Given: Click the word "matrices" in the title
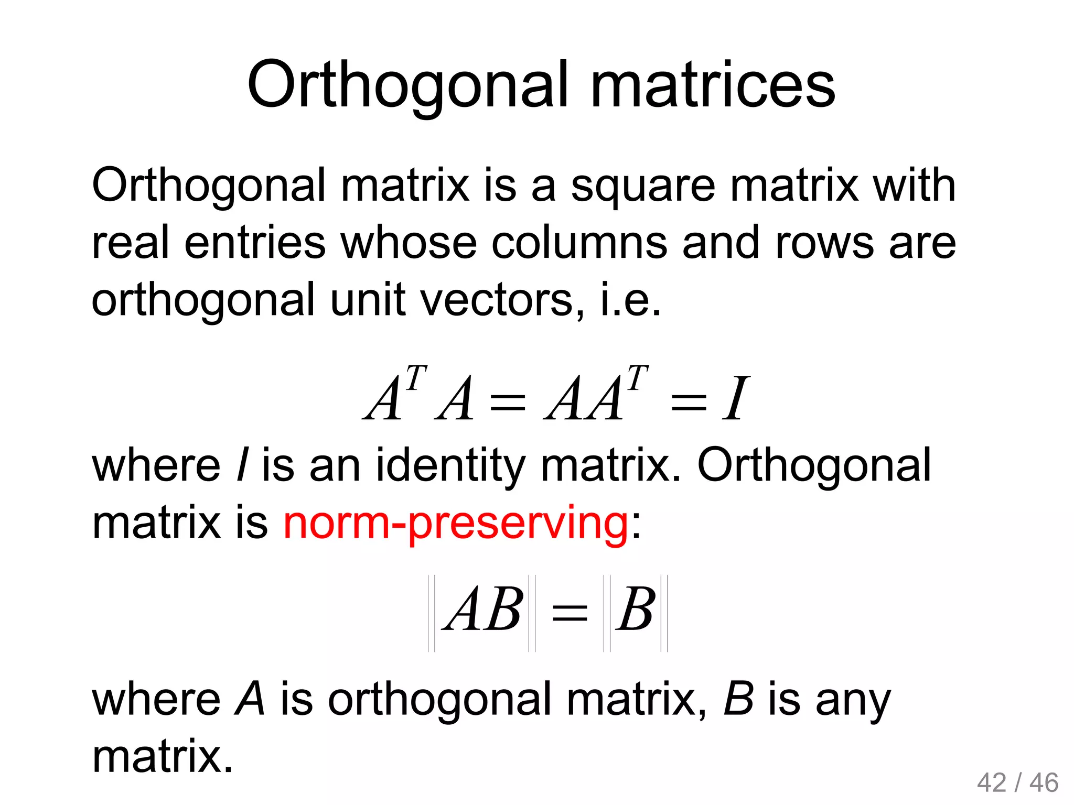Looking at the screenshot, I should pos(713,85).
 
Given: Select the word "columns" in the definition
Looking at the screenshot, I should pos(580,243).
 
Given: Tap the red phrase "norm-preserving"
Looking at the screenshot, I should pos(455,523).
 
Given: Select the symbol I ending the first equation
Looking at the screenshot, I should pos(735,399).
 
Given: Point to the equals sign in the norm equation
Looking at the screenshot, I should pos(570,612).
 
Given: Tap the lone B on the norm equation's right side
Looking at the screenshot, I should pos(635,609).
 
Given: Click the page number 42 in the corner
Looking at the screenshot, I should pos(992,783).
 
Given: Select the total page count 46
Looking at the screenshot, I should pos(1044,783).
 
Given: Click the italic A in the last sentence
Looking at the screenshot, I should pos(250,699).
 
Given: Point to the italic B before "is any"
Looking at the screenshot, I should pos(738,699).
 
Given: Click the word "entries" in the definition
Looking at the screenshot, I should pos(255,243).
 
